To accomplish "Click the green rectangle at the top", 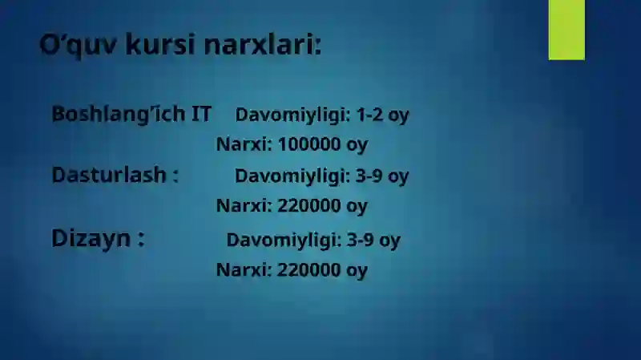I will click(x=566, y=29).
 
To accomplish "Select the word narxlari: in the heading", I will click(x=262, y=45).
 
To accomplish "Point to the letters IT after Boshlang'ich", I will click(x=201, y=114).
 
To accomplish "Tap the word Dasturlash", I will click(x=109, y=175).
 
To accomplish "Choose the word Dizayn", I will click(x=87, y=238).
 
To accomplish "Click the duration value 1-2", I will click(x=369, y=115).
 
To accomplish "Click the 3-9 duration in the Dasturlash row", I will click(x=369, y=176).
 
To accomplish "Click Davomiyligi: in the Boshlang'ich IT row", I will click(x=292, y=115).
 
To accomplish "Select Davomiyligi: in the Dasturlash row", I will click(x=292, y=176).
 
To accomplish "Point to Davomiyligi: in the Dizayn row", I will click(x=284, y=240).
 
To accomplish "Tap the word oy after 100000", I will click(x=357, y=146).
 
